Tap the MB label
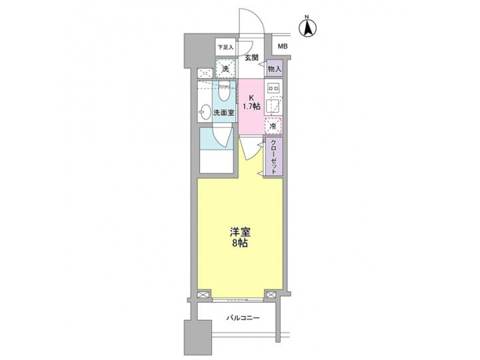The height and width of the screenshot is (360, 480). pyautogui.click(x=283, y=47)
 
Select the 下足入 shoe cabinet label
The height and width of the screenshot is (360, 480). pyautogui.click(x=225, y=47)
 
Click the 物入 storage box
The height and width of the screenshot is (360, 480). pyautogui.click(x=275, y=68)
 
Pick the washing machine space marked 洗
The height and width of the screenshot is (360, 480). pyautogui.click(x=225, y=69)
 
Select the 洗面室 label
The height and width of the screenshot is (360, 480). pyautogui.click(x=223, y=113)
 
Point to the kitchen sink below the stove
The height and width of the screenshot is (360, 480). pyautogui.click(x=273, y=106)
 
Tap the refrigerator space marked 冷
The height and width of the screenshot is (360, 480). pyautogui.click(x=273, y=125)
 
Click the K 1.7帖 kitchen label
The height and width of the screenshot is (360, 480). pyautogui.click(x=251, y=101)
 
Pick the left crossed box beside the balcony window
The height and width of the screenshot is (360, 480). pyautogui.click(x=204, y=294)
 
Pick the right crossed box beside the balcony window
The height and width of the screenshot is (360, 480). pyautogui.click(x=271, y=294)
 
